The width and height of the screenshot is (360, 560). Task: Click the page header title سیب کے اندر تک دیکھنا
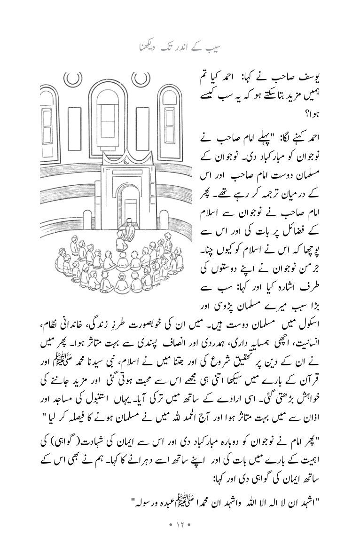click(180, 48)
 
